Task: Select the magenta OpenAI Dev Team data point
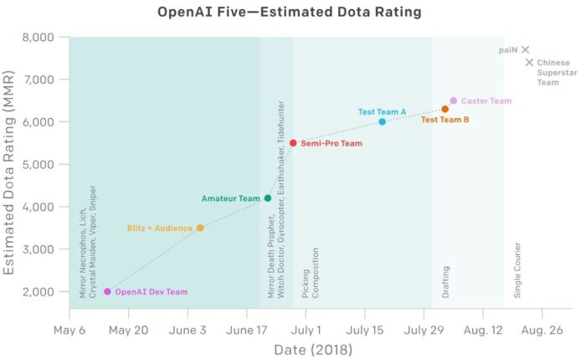coord(107,291)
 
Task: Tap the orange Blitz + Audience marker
coord(200,228)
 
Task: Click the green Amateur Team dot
coord(268,198)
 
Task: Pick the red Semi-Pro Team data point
coord(293,143)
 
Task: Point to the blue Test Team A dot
coord(382,121)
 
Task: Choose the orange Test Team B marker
coord(445,109)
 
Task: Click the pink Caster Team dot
coord(454,100)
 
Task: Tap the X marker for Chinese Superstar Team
coord(529,62)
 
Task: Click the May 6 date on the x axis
coord(69,330)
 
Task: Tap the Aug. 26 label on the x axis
coord(542,330)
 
